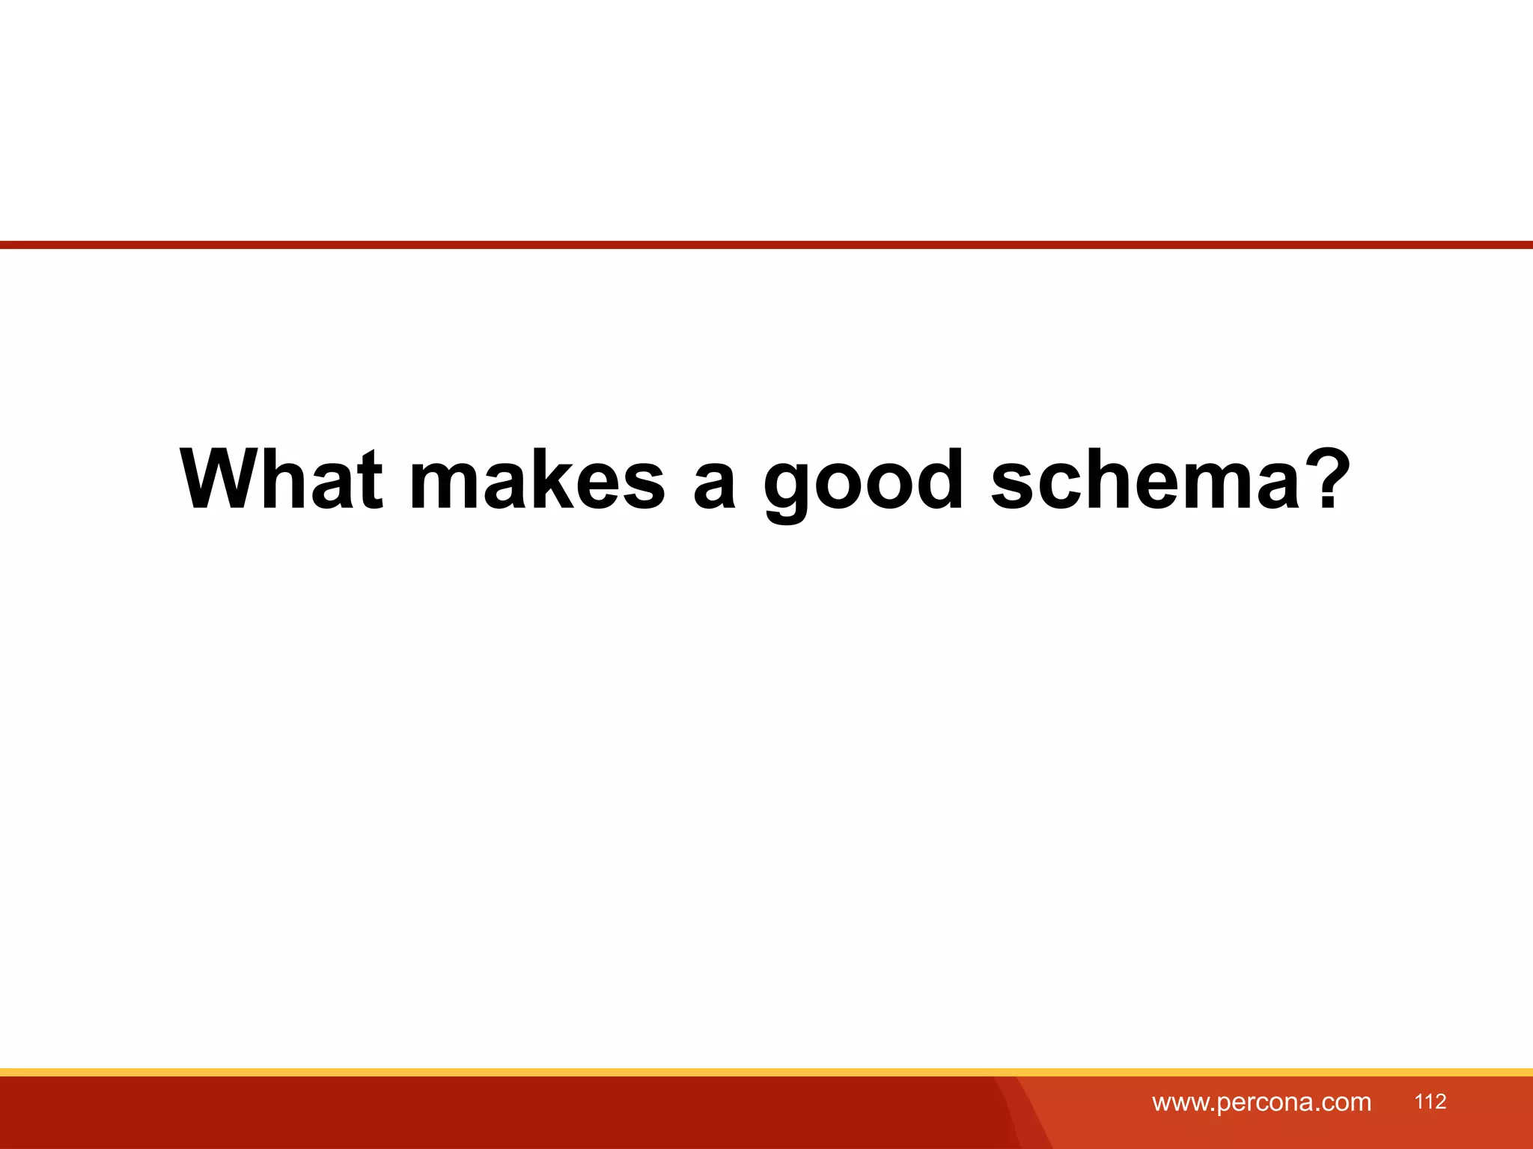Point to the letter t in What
click(369, 480)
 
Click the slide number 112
click(1430, 1101)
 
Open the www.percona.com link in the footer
click(1261, 1102)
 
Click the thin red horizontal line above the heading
click(766, 245)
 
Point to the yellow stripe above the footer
click(766, 1072)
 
